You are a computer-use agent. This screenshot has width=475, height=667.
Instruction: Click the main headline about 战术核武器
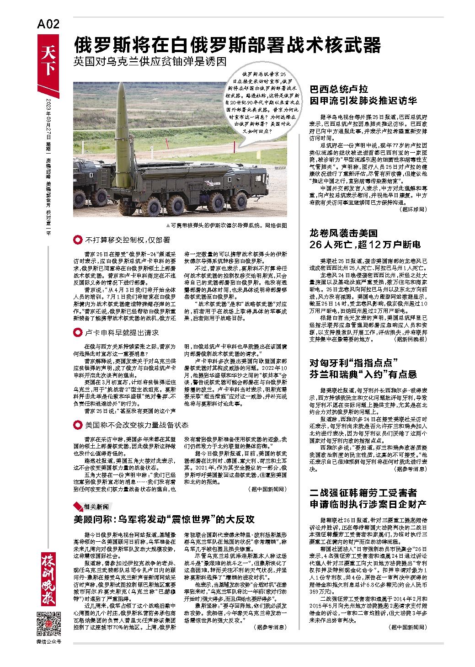(228, 45)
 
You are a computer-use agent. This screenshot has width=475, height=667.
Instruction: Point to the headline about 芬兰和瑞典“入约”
(363, 368)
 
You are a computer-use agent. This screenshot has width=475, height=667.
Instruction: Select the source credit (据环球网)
(413, 208)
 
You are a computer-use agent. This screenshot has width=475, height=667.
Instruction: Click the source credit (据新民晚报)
(410, 340)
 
